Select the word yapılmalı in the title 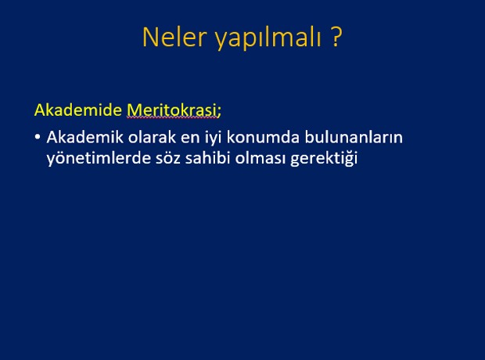click(268, 38)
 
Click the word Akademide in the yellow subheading click(78, 110)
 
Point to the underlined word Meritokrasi click(172, 110)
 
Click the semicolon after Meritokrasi click(219, 112)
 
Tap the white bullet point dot click(38, 136)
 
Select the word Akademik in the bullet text click(85, 137)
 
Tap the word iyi click(214, 138)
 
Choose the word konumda click(263, 137)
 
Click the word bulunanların click(354, 137)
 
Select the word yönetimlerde click(99, 159)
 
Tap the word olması click(260, 158)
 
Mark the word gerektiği click(324, 159)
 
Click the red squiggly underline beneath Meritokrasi click(172, 117)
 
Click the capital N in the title click(149, 37)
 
